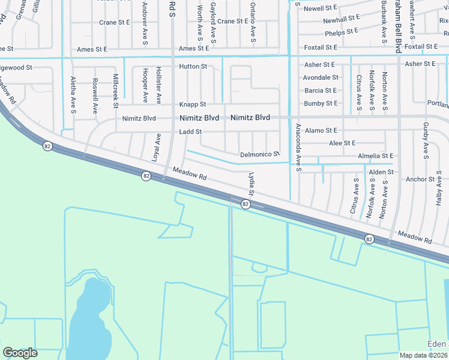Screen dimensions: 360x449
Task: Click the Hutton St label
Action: point(193,67)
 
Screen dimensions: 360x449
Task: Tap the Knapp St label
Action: point(194,104)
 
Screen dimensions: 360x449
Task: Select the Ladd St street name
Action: point(190,131)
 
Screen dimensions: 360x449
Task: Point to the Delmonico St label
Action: point(260,154)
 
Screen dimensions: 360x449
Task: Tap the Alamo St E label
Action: point(321,130)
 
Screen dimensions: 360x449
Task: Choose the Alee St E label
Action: point(342,143)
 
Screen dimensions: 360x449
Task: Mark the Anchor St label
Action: point(420,179)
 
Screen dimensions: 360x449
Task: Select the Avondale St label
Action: point(321,78)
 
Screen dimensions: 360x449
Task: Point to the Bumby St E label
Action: point(321,104)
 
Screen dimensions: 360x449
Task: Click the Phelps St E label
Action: point(342,31)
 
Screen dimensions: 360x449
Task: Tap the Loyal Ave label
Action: point(157,147)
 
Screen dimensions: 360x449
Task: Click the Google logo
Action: point(20,353)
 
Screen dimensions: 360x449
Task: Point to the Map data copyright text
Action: point(424,355)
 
